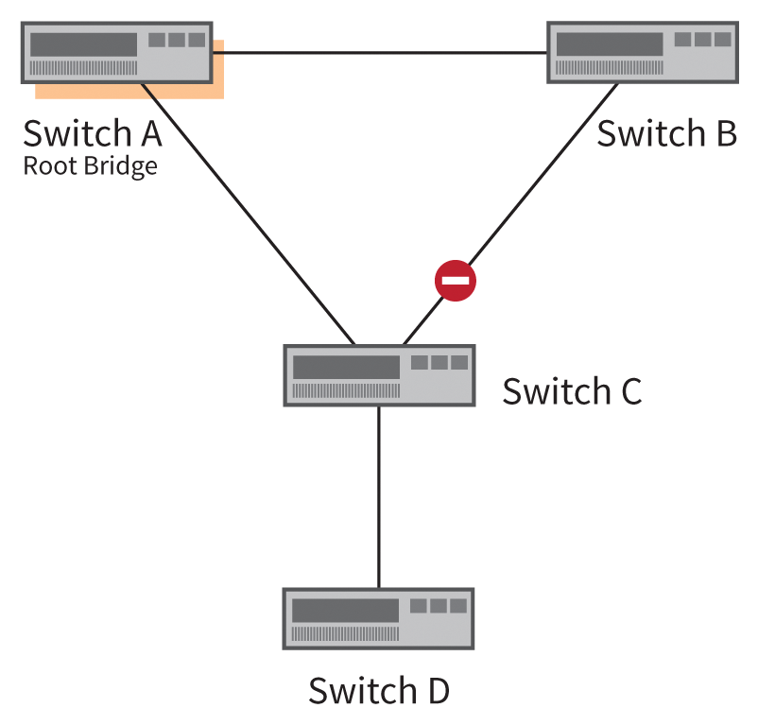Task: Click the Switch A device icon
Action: (116, 52)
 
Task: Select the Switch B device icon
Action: (643, 52)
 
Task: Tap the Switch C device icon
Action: (378, 375)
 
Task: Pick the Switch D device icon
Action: (378, 618)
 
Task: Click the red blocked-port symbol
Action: (455, 282)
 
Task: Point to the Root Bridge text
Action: (90, 166)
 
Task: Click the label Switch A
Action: (93, 133)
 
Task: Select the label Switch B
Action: (665, 133)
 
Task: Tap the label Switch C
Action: (571, 390)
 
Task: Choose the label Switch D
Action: (378, 691)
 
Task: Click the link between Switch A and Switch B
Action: (378, 52)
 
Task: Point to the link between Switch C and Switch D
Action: (378, 496)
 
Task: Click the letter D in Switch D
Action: (436, 691)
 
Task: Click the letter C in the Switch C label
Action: (629, 390)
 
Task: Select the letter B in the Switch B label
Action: (724, 133)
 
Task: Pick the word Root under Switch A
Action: (45, 166)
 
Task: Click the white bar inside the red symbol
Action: (455, 282)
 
